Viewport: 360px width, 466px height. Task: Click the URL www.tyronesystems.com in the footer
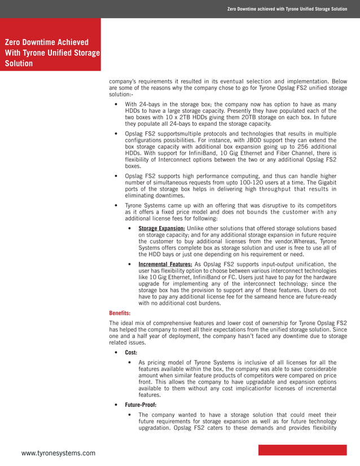tap(58, 453)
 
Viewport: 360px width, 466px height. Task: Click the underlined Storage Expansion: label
tap(161, 228)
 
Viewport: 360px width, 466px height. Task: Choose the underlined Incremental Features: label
tap(165, 264)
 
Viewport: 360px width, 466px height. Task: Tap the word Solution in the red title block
tap(19, 63)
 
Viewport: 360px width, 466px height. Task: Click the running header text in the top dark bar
tap(287, 9)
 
